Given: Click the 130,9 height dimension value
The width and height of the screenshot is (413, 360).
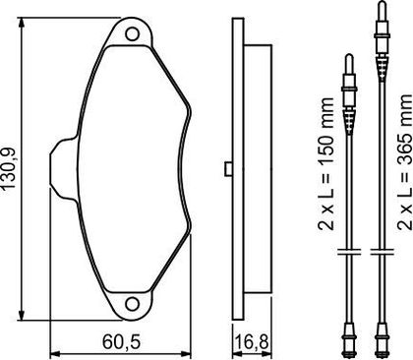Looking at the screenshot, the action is (x=9, y=168).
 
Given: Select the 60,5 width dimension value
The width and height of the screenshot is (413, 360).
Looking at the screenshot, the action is (x=121, y=342).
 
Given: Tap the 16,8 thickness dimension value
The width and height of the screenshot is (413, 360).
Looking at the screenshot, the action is (x=252, y=342).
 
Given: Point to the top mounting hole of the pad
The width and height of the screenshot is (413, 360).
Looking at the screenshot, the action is (x=133, y=33).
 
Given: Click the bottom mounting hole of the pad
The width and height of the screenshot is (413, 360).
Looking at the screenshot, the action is (x=133, y=304).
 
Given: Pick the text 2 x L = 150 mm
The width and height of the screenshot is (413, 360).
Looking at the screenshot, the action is (x=325, y=163).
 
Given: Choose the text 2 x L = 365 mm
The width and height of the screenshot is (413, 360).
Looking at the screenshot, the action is (x=404, y=161).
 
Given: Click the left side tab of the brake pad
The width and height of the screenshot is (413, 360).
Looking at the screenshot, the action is (x=64, y=169).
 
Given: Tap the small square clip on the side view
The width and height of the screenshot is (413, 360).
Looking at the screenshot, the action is (x=228, y=169).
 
